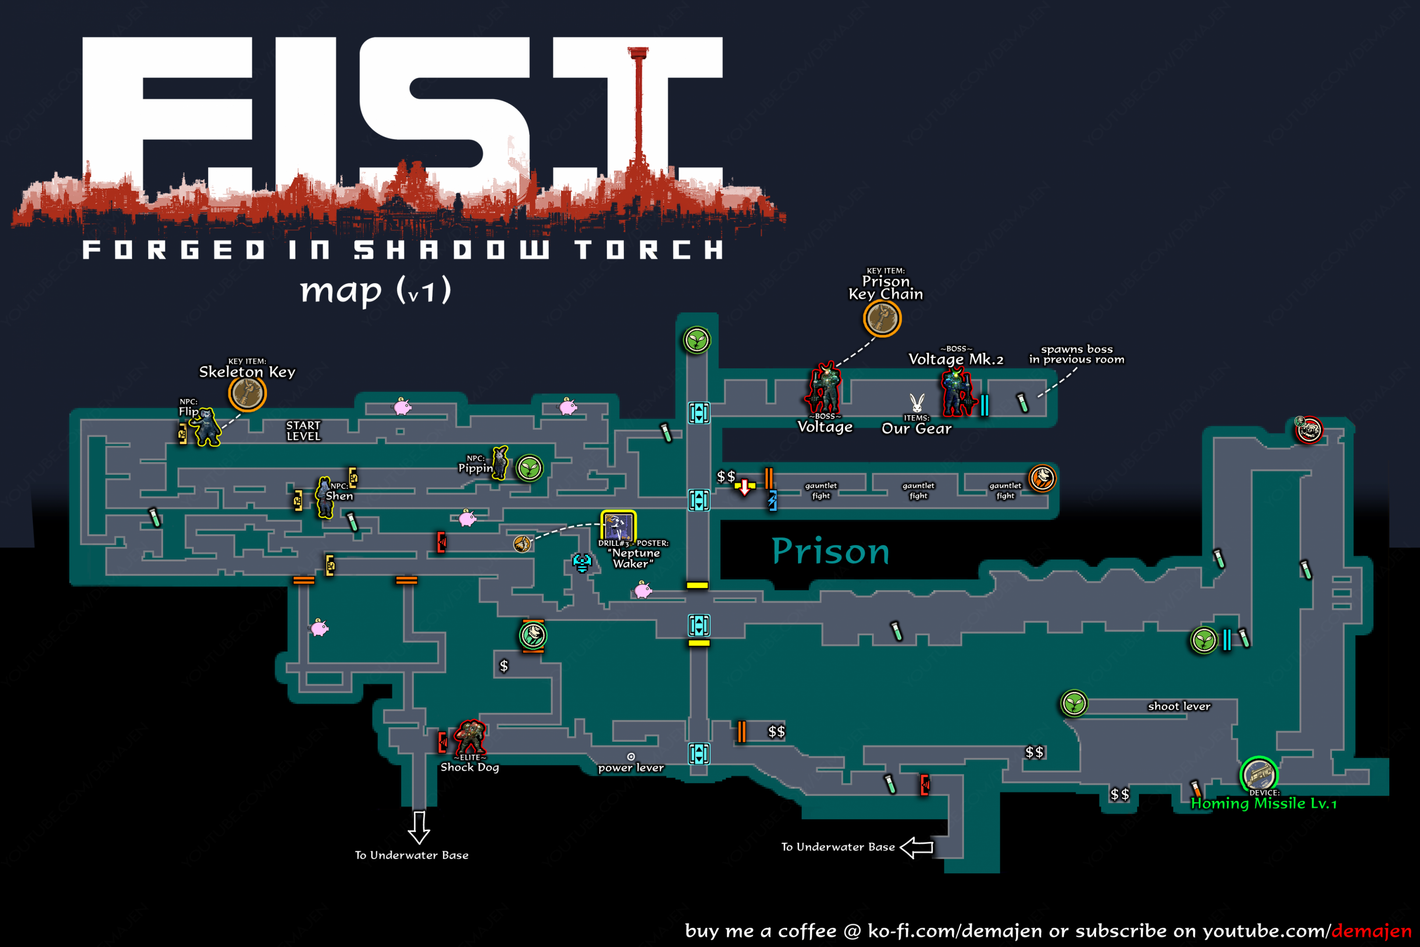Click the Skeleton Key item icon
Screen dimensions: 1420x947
click(x=247, y=393)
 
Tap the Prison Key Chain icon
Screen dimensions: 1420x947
click(x=882, y=318)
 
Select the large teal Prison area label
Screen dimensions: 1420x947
click(x=831, y=550)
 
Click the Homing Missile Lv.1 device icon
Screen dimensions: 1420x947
click(x=1259, y=774)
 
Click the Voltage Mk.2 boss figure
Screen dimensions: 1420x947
click(x=957, y=392)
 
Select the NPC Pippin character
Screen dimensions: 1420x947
click(x=500, y=462)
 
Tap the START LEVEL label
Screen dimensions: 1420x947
click(x=303, y=431)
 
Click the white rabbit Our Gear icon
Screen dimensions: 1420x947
click(x=916, y=402)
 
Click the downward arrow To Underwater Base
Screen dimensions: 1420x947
click(x=419, y=827)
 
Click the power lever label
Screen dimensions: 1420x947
click(x=631, y=768)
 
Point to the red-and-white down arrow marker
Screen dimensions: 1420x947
click(x=745, y=487)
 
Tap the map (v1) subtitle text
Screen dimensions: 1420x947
click(x=376, y=291)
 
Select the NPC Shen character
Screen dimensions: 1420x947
click(x=325, y=497)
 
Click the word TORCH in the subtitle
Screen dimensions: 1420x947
click(x=648, y=249)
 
